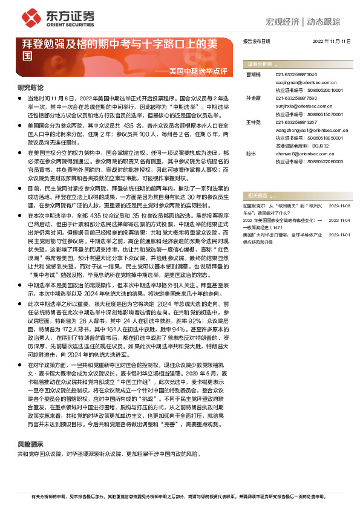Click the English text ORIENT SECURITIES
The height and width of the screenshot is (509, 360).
click(62, 26)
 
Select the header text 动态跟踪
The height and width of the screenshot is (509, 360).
click(328, 21)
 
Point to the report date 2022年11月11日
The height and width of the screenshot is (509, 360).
click(332, 41)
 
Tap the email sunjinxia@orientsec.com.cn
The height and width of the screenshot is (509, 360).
click(299, 105)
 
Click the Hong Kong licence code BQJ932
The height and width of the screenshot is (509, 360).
click(308, 146)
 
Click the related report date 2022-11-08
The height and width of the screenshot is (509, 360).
click(339, 207)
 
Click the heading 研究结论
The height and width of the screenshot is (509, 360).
click(30, 88)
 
